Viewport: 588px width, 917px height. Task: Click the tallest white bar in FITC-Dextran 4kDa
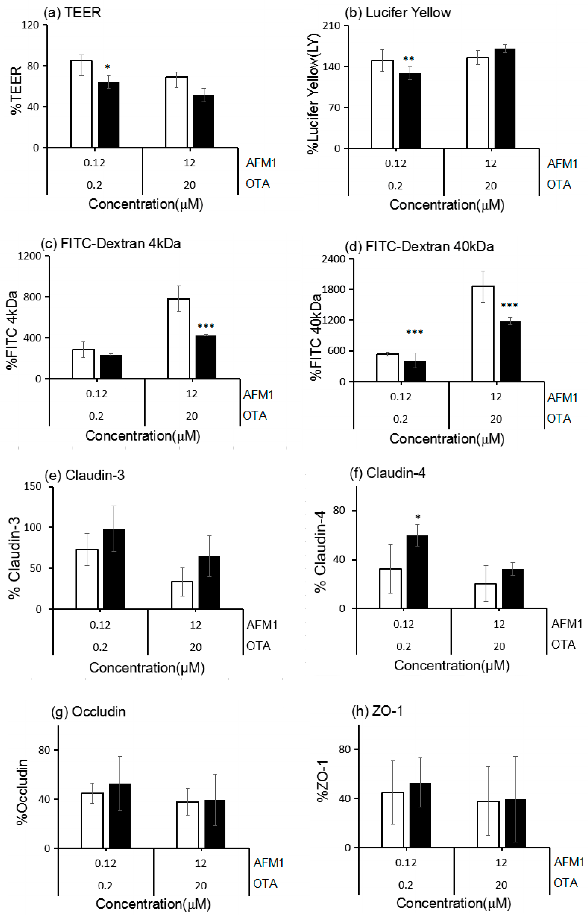[x=179, y=339]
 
